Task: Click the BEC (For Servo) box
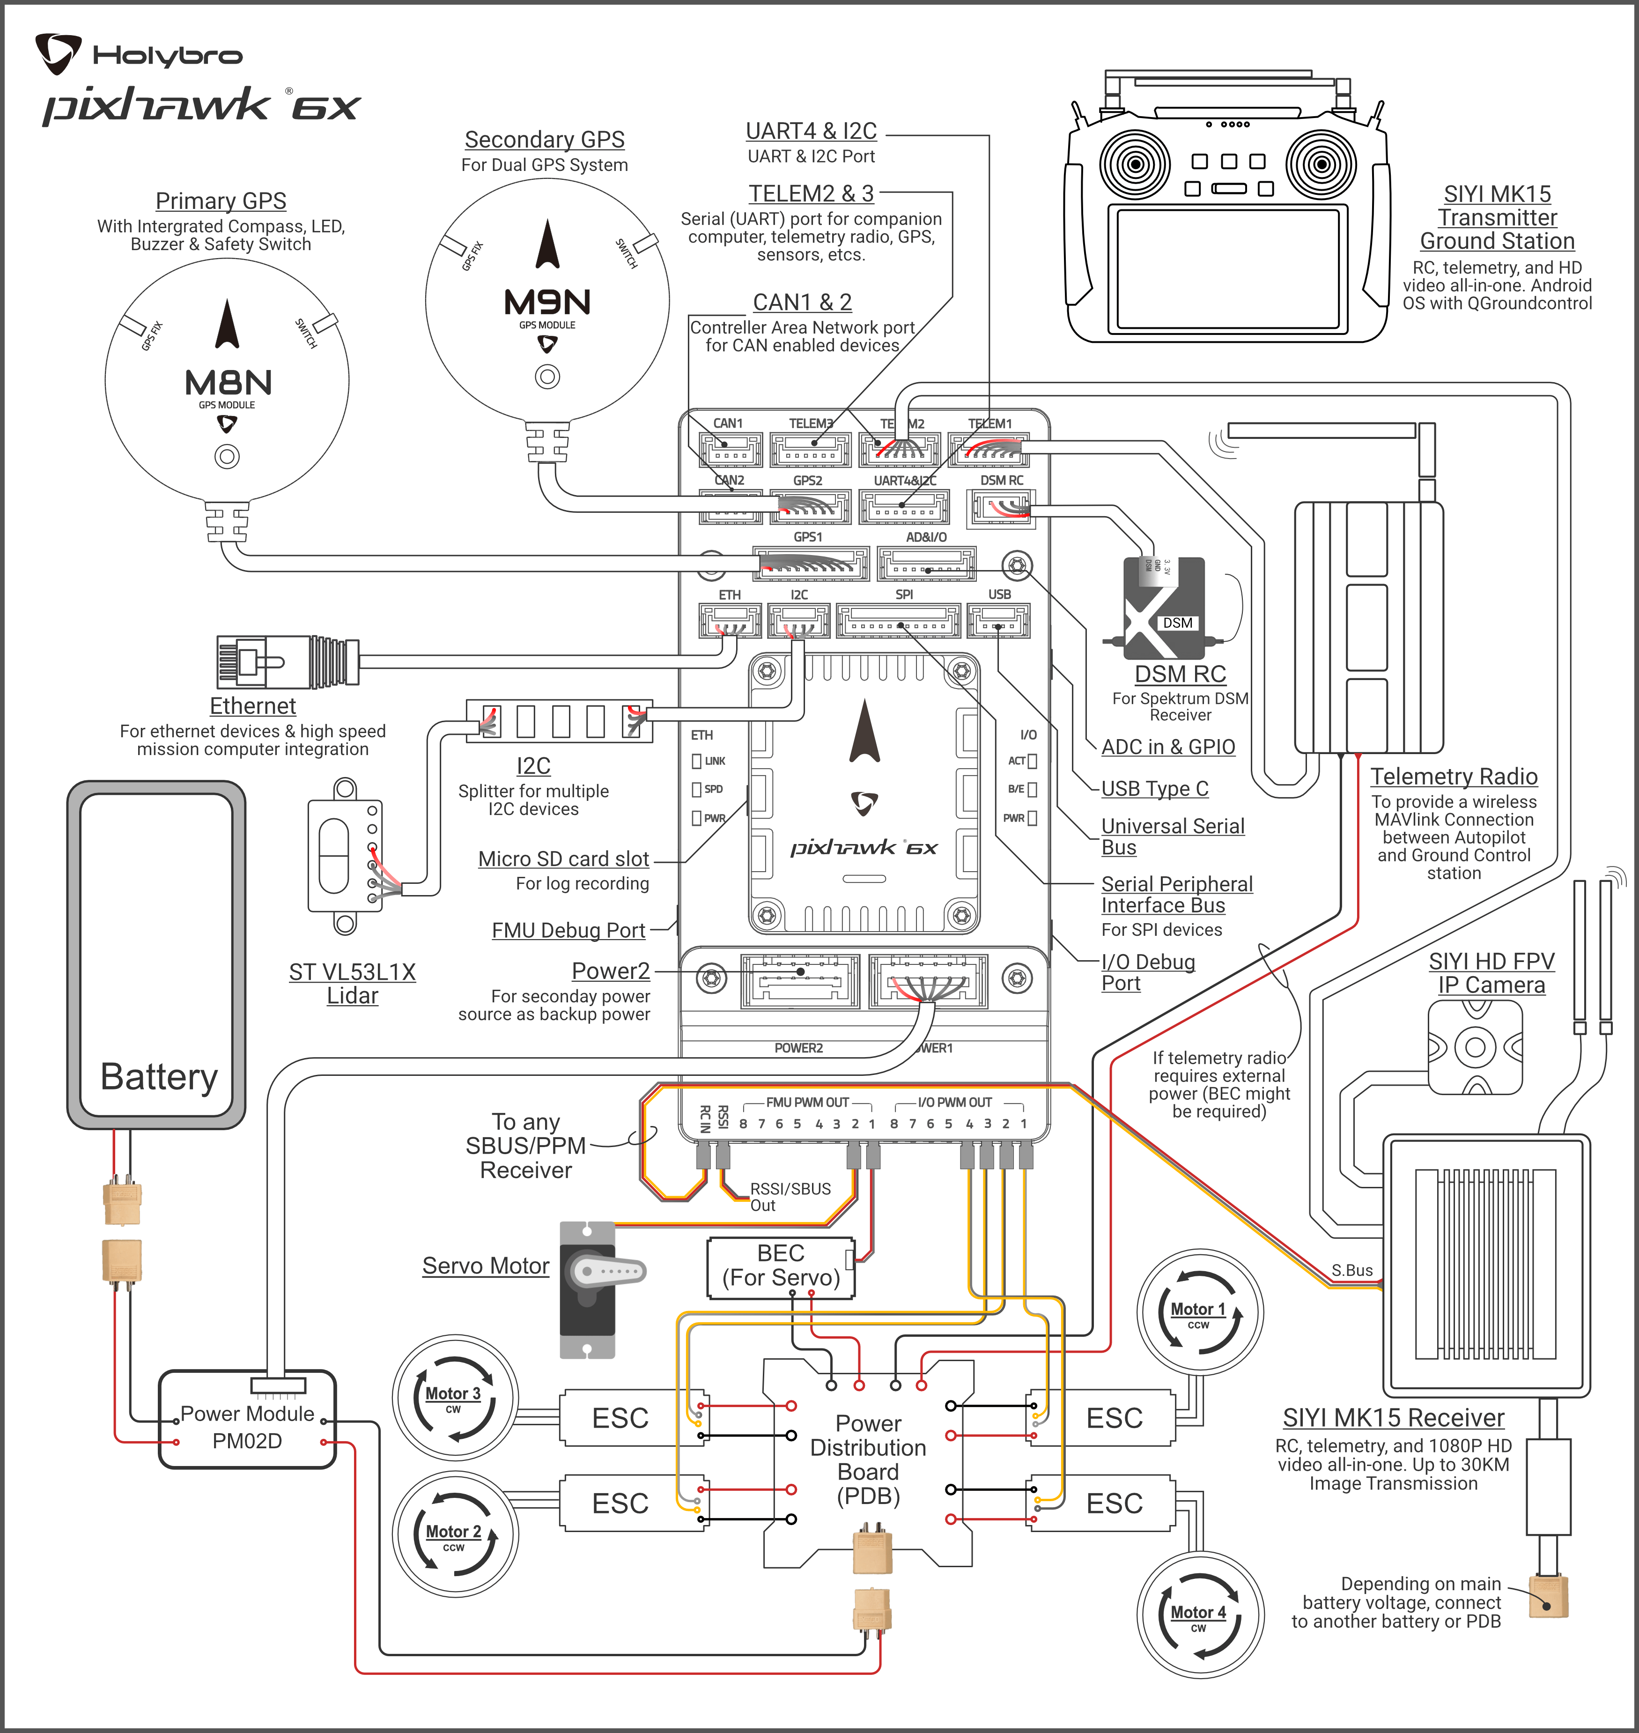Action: point(780,1266)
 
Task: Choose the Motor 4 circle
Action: point(1200,1615)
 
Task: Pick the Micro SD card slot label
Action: point(563,859)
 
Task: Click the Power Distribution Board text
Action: point(868,1459)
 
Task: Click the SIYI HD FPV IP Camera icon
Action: point(1475,1047)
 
